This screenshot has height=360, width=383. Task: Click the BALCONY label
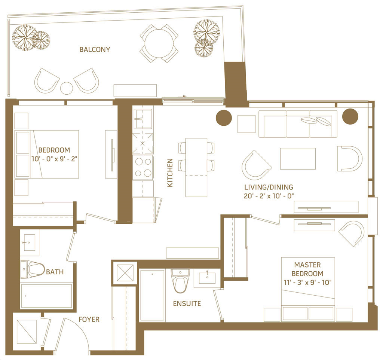pos(95,49)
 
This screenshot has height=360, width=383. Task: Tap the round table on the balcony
pos(159,43)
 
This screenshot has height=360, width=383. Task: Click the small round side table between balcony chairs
pos(67,88)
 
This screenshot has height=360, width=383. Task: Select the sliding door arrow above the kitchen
pos(182,96)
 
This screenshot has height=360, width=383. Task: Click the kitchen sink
pos(143,119)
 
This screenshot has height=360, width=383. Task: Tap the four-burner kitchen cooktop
pos(143,167)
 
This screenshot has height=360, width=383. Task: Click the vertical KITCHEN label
pos(170,173)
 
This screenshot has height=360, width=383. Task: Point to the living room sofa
pos(298,124)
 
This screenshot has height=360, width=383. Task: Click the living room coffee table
pos(298,159)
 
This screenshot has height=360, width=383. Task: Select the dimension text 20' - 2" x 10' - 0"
pos(269,196)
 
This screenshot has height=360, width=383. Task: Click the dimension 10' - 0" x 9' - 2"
pos(54,159)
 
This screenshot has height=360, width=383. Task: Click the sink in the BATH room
pos(29,242)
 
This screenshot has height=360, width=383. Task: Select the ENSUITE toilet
pos(180,281)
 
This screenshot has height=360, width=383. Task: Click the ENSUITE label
pos(187,303)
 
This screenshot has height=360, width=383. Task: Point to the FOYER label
pos(89,320)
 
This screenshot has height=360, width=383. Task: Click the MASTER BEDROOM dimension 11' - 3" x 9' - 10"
pos(307,283)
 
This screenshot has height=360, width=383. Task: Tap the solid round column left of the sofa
pos(224,118)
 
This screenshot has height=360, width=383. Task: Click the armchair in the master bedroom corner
pos(352,233)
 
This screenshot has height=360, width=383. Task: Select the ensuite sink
pos(207,278)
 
